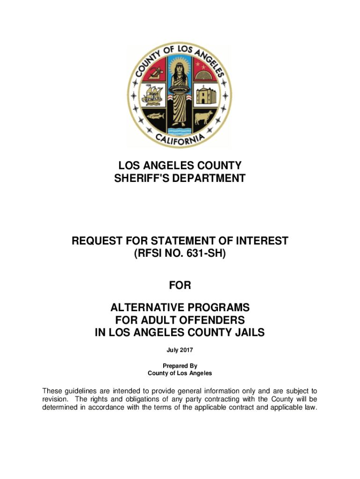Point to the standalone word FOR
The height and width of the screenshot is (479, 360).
pos(180,285)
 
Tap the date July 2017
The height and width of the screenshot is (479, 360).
pos(180,350)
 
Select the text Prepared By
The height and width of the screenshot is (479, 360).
pos(180,366)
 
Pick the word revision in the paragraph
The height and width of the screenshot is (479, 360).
pos(55,399)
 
